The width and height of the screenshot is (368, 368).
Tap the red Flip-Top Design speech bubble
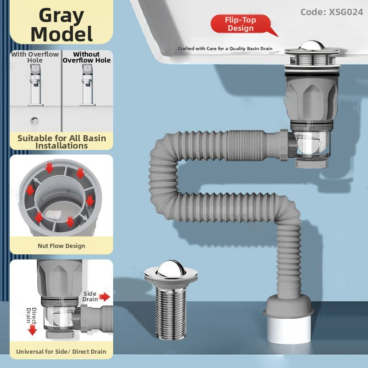coord(242,24)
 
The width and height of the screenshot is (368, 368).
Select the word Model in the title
coord(62,34)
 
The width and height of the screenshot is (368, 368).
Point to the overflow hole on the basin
coord(35,121)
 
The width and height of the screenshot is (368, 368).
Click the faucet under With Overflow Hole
coord(35,85)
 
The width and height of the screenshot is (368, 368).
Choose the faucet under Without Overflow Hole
coord(87,85)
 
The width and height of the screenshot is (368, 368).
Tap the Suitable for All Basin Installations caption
coord(62,142)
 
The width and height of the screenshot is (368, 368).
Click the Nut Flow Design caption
coord(62,246)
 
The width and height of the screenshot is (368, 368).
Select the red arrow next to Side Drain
coord(104,297)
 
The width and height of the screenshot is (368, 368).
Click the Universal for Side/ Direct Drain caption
coord(61,351)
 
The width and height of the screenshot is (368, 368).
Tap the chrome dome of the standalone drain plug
coord(171,268)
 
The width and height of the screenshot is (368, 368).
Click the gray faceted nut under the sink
coord(311,99)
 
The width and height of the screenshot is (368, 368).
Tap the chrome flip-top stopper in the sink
coord(312,46)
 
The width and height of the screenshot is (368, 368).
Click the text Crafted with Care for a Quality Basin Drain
coord(225,49)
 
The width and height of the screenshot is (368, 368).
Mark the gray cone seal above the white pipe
coord(288,305)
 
